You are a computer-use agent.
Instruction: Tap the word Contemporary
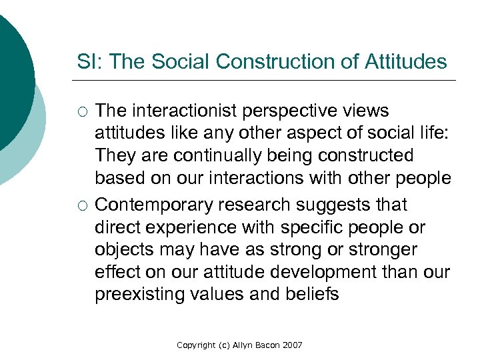pos(152,203)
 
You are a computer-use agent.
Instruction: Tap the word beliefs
pos(314,294)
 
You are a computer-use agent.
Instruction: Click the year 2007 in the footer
pos(293,345)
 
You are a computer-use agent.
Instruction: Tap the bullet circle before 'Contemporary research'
pos(82,204)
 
